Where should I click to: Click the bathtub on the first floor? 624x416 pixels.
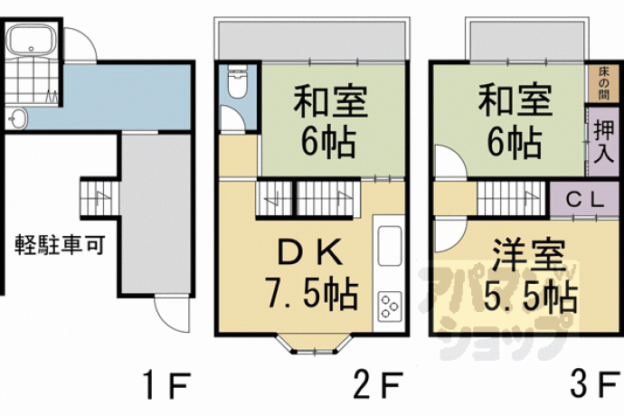pyautogui.click(x=32, y=39)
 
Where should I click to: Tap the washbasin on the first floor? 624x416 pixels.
pyautogui.click(x=17, y=118)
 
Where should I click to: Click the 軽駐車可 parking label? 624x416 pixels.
pyautogui.click(x=60, y=244)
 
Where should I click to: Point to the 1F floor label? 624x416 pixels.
pyautogui.click(x=165, y=385)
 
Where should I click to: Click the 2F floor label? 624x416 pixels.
pyautogui.click(x=378, y=385)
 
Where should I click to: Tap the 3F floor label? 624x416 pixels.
pyautogui.click(x=594, y=384)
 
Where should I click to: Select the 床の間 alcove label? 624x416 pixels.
pyautogui.click(x=604, y=83)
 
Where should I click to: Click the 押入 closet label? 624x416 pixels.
pyautogui.click(x=604, y=142)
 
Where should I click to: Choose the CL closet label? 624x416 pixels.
pyautogui.click(x=585, y=200)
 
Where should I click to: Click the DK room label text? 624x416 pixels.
pyautogui.click(x=310, y=252)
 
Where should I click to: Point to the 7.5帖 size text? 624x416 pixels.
pyautogui.click(x=312, y=294)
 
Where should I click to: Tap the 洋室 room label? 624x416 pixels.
pyautogui.click(x=529, y=255)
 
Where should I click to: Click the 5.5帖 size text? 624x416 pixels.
pyautogui.click(x=530, y=297)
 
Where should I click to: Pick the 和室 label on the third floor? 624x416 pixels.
pyautogui.click(x=515, y=99)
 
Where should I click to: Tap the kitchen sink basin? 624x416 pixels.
pyautogui.click(x=390, y=246)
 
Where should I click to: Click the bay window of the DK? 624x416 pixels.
pyautogui.click(x=315, y=345)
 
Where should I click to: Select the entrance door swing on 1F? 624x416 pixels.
pyautogui.click(x=172, y=315)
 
